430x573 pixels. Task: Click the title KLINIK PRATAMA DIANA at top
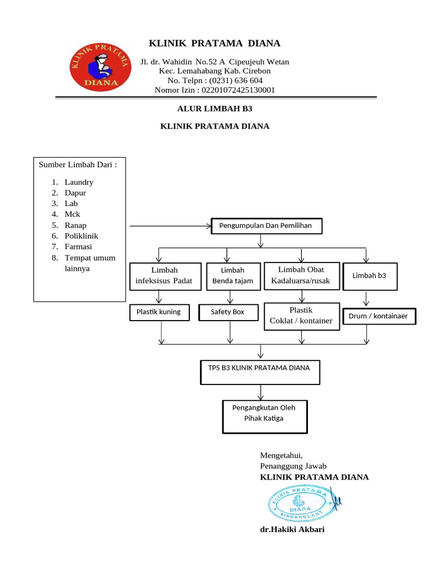coord(214,44)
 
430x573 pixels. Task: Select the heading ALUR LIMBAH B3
coord(214,109)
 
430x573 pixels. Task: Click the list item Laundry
coord(79,182)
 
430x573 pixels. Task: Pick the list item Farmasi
coord(78,247)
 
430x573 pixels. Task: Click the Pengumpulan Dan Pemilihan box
coord(266,226)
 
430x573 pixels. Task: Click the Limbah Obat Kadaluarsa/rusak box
coord(301,275)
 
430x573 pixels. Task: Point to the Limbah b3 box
coord(370,276)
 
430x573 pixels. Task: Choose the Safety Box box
coord(227,312)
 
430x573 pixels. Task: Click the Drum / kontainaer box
coord(378,317)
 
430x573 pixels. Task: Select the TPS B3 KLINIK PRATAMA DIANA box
coord(260,372)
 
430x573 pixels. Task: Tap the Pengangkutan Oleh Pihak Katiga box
coord(264,416)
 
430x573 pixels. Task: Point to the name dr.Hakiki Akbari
coord(292,529)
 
